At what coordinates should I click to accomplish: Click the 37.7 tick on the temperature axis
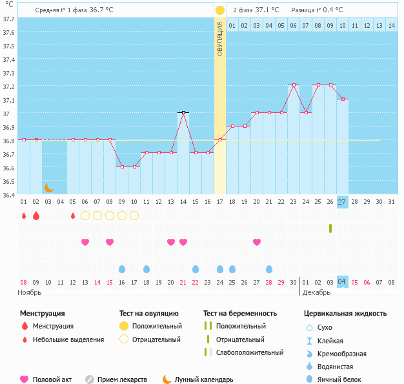tap(8, 19)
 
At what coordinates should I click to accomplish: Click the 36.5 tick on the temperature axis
tap(8, 181)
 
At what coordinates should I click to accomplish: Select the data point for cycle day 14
tap(183, 112)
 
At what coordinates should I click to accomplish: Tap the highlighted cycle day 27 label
tap(342, 202)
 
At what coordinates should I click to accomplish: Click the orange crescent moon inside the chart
tap(48, 188)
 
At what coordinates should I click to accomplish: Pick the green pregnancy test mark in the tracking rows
tap(330, 228)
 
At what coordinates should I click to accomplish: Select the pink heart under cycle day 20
tap(171, 242)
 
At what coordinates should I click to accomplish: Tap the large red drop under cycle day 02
tap(36, 216)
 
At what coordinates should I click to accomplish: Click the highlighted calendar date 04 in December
tap(342, 282)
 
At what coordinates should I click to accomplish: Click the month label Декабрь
tap(316, 293)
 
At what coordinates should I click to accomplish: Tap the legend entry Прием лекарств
tap(122, 379)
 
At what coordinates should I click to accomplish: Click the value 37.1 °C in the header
tap(268, 10)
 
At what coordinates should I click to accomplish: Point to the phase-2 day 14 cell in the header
tap(391, 25)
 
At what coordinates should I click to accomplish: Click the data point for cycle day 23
tap(294, 85)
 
